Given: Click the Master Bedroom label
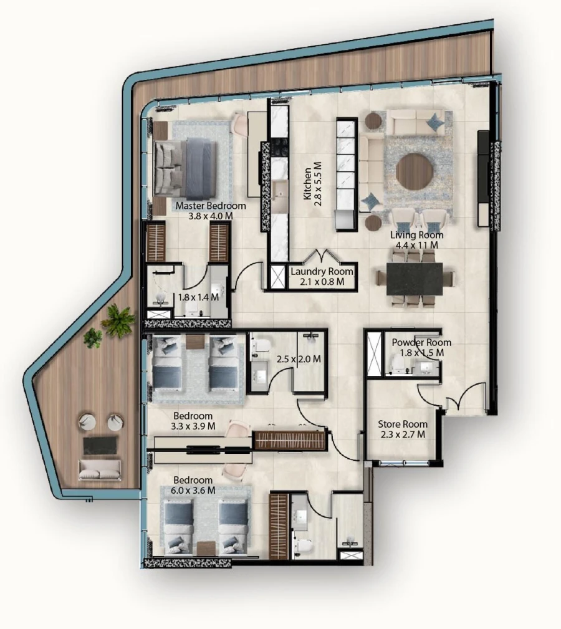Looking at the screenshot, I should point(211,206).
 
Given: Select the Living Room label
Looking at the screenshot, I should point(417,236).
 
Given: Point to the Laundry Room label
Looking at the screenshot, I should point(322,272).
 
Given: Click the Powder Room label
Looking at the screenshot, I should point(421,343).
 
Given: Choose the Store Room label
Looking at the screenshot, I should point(403,425).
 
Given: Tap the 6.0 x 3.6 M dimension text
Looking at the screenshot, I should point(194,491).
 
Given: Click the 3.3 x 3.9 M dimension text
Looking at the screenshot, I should point(193,426).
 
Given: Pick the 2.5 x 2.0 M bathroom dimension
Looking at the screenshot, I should point(298,359).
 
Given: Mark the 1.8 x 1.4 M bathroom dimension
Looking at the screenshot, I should point(198,297).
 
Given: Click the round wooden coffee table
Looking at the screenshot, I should point(415,171).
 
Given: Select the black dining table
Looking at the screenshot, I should point(415,278).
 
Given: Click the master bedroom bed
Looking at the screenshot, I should point(185,167).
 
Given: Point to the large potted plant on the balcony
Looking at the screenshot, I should point(118,320).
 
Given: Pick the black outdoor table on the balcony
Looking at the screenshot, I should point(100,445).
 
